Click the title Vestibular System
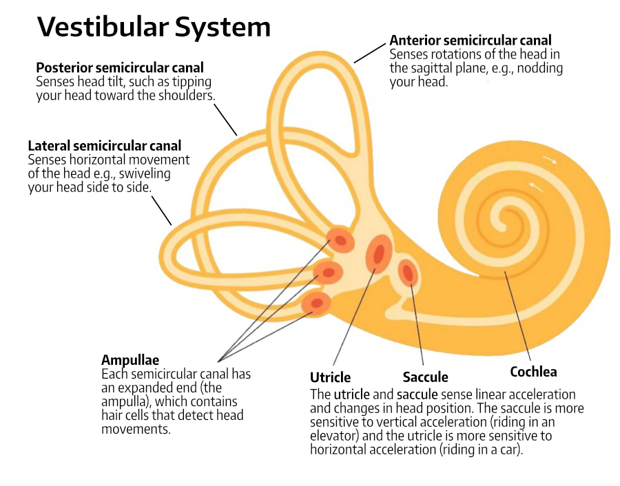point(153,27)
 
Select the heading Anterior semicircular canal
point(471,41)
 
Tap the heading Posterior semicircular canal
point(120,67)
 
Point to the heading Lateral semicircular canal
point(105,146)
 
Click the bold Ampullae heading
point(130,360)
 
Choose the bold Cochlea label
point(533,372)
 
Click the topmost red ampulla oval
point(340,240)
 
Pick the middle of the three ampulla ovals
point(329,273)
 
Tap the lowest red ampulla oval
point(317,302)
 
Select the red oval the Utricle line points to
point(379,254)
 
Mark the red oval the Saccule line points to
point(409,272)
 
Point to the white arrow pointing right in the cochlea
point(551,162)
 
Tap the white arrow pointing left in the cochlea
point(537,187)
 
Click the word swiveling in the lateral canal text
point(145,173)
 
